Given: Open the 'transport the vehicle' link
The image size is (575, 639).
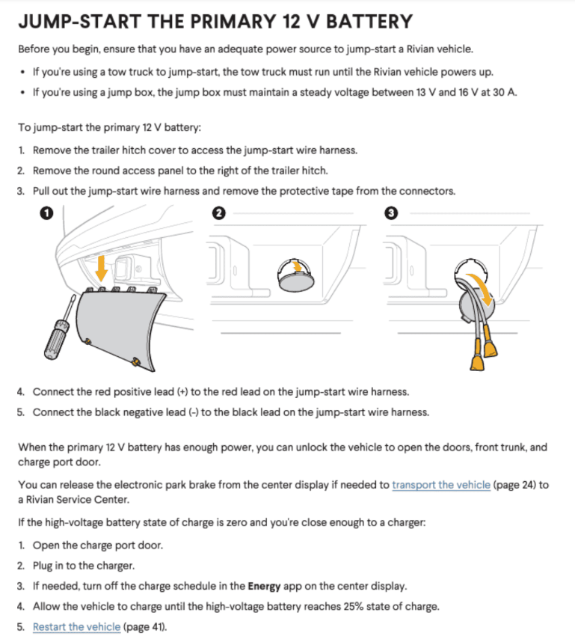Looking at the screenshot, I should tap(441, 485).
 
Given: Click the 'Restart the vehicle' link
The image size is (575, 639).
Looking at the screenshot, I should tap(76, 626).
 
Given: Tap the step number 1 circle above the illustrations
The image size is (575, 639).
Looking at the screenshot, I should tap(46, 213).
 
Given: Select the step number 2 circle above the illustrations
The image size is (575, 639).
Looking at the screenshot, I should tap(218, 213).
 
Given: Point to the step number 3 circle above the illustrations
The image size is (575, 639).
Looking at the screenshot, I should tap(390, 213).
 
